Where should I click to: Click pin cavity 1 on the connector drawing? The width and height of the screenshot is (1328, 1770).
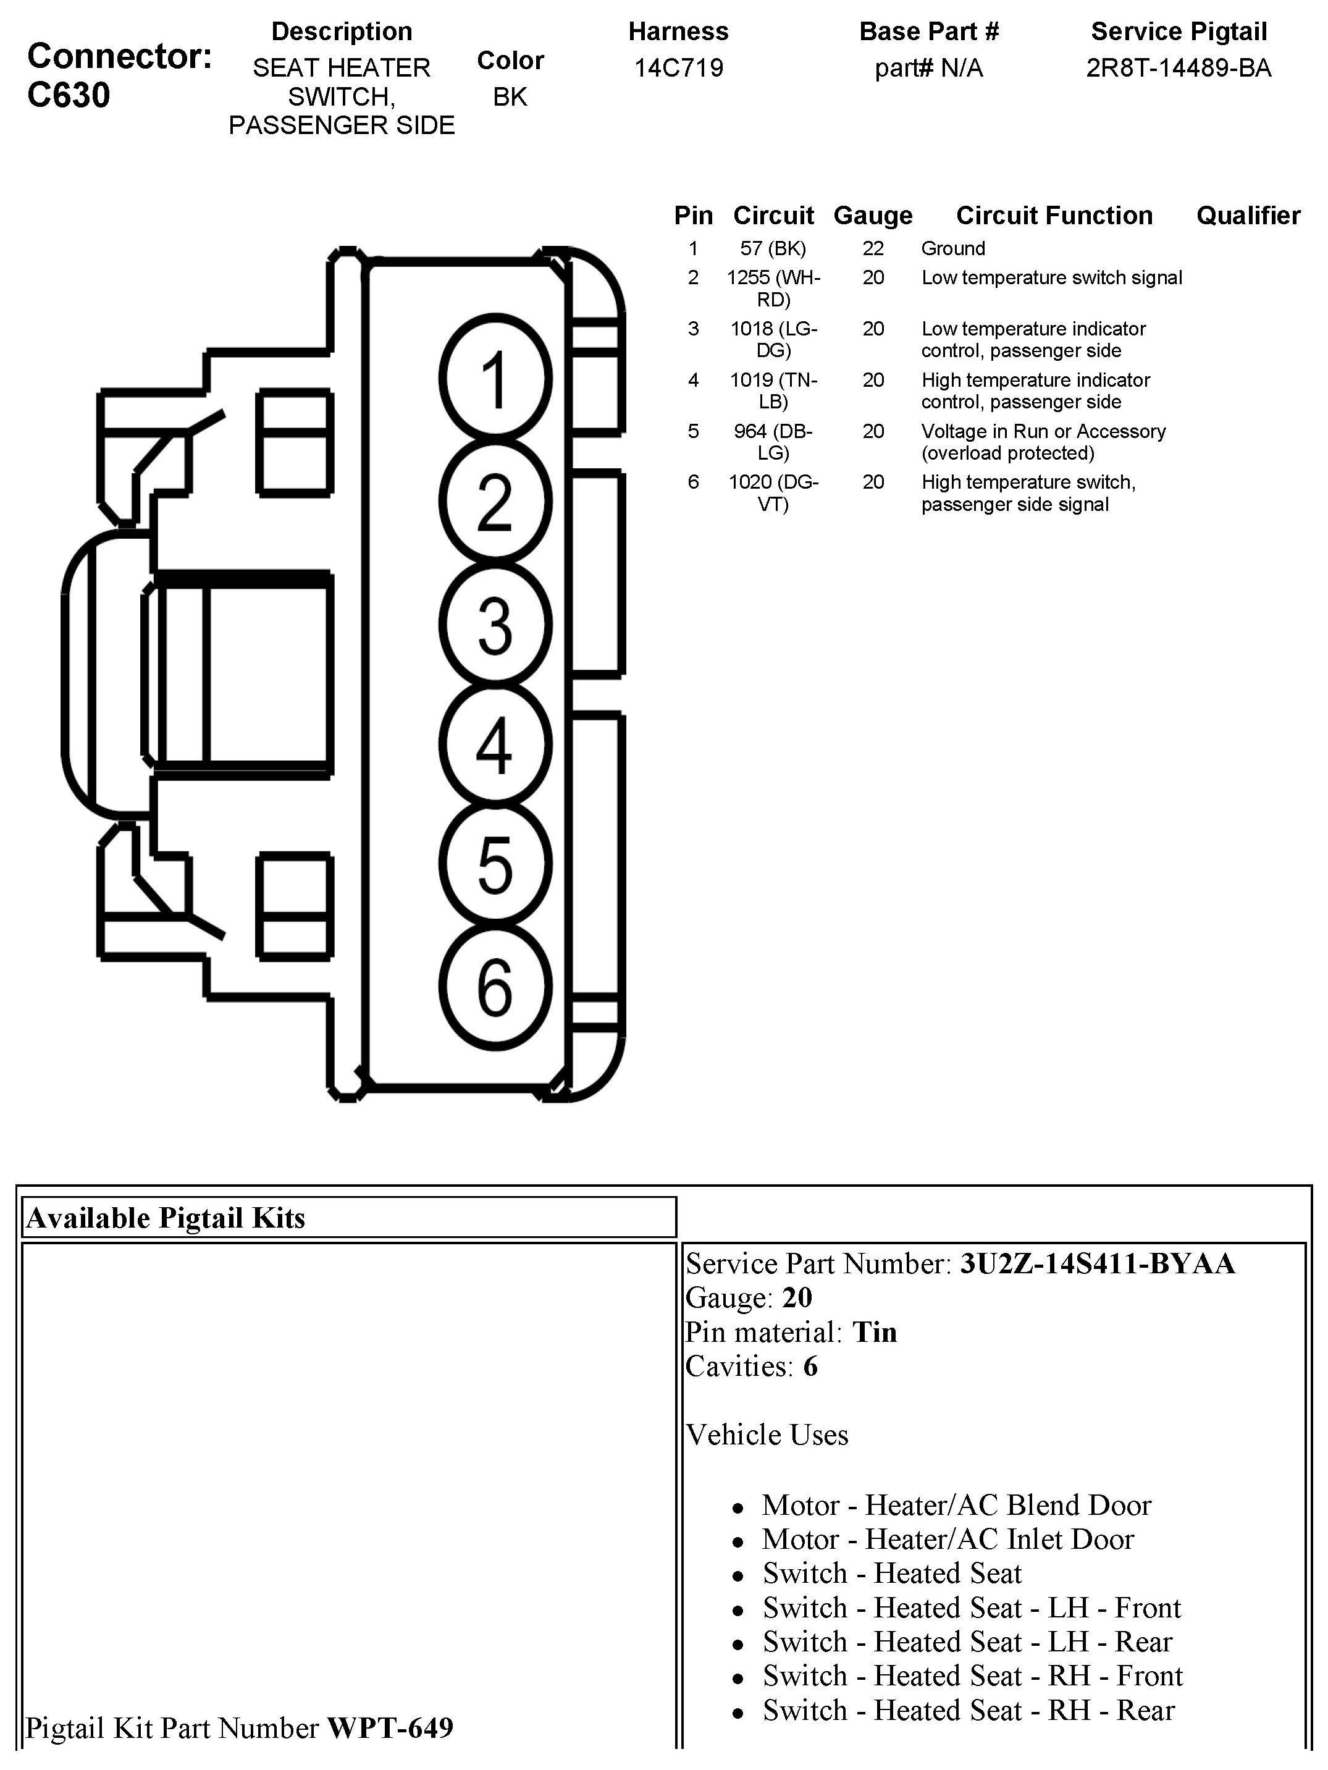click(x=495, y=379)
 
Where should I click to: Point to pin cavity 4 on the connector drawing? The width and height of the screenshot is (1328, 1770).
click(x=495, y=745)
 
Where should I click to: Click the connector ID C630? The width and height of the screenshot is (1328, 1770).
click(x=69, y=95)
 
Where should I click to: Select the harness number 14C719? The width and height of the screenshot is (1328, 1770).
click(x=678, y=68)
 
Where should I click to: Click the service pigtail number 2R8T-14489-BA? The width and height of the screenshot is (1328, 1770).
click(x=1179, y=68)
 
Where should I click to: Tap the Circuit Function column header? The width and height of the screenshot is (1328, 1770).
click(x=1054, y=215)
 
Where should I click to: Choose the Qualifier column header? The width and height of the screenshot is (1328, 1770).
click(x=1248, y=215)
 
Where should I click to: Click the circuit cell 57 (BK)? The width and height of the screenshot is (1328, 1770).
click(x=773, y=249)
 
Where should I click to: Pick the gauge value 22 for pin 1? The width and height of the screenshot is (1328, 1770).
click(x=873, y=249)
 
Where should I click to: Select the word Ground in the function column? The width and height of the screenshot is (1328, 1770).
click(x=953, y=249)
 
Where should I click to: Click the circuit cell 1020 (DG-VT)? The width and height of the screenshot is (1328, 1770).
click(x=773, y=493)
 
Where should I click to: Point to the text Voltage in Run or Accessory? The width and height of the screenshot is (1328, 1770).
click(x=1043, y=431)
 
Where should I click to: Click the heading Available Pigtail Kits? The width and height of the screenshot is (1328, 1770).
click(x=166, y=1218)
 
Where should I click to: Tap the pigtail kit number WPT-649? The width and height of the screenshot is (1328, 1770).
click(x=390, y=1727)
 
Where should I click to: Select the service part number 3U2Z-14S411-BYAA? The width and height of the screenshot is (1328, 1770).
click(x=1098, y=1263)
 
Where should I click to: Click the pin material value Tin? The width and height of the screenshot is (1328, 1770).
click(x=875, y=1333)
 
